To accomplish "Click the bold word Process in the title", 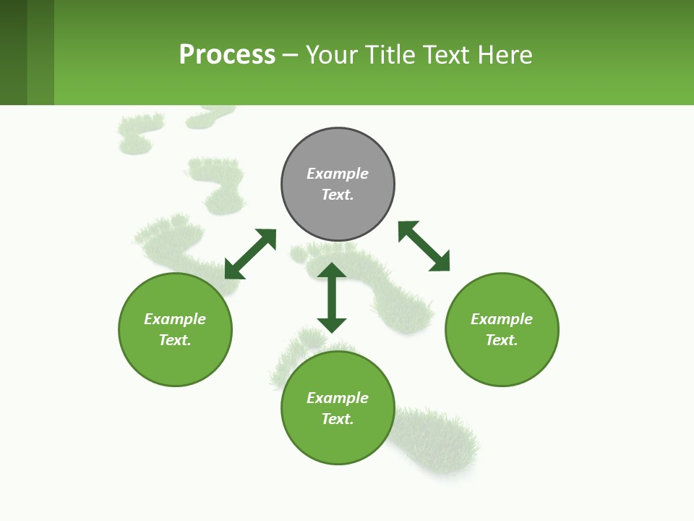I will pos(227,55).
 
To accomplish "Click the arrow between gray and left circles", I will pos(250,254).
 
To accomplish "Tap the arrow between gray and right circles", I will pos(424,246).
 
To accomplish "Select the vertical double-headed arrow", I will pos(332,297).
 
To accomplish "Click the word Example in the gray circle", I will pos(338,174).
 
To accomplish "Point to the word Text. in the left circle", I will pos(175,340).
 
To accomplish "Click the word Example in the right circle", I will pos(502,319).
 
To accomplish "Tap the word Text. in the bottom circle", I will pos(338,419).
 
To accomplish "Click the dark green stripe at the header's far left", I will pos(13,52).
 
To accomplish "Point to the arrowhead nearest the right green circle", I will pos(440,263).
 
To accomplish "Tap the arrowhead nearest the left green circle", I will pos(234,270).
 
